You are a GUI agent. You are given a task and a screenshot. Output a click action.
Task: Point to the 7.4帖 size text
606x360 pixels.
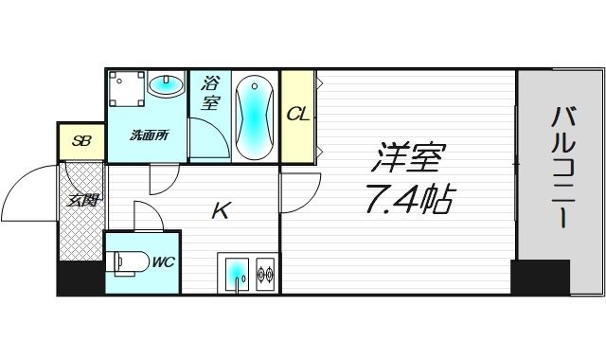click(409, 200)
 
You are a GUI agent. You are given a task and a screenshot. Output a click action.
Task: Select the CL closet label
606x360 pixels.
click(297, 114)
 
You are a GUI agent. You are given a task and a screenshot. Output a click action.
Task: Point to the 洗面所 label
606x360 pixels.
click(150, 135)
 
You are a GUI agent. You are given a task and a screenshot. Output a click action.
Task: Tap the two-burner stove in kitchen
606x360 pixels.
click(264, 275)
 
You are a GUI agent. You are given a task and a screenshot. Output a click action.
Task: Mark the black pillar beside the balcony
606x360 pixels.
click(540, 277)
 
